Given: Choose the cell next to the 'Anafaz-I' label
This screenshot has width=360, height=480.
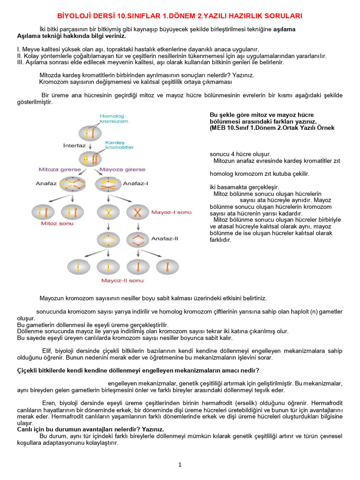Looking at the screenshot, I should point(108,184).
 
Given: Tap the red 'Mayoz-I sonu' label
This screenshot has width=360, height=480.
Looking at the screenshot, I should point(171,212).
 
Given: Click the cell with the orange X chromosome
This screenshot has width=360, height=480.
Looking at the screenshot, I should point(137,212).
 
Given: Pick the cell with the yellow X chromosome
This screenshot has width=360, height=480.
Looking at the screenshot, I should point(108,212).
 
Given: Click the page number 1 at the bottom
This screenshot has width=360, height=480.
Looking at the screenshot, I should point(180,465).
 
